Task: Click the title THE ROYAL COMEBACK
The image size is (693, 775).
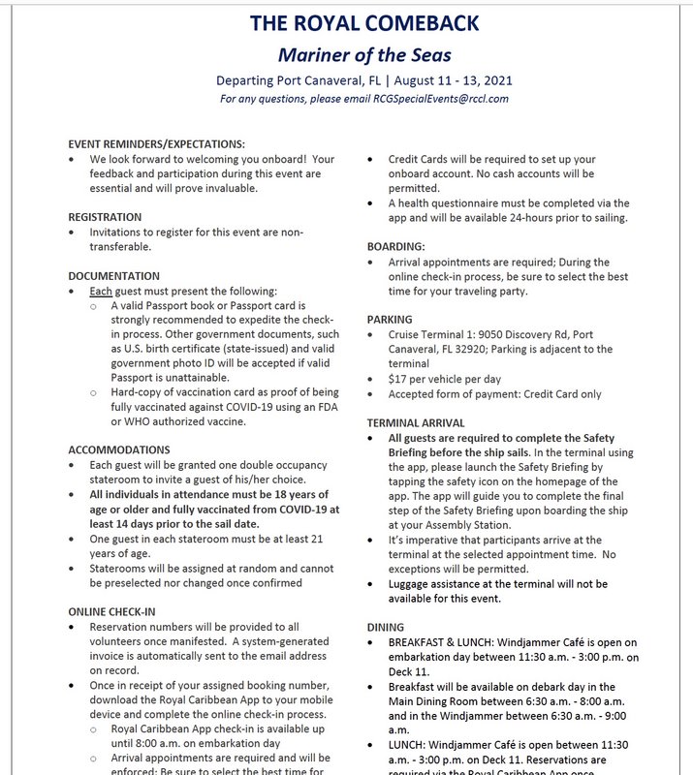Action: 363,22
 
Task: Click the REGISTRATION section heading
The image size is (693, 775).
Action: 105,217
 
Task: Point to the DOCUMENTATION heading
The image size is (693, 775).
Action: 114,276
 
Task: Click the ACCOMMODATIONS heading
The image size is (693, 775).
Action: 119,450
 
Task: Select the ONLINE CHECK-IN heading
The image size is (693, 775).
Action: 111,611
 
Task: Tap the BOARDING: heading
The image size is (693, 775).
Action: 395,247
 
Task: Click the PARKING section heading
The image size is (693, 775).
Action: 390,320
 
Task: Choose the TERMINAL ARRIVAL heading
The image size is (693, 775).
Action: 416,423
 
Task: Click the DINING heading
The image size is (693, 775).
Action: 386,627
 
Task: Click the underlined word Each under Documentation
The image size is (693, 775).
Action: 102,292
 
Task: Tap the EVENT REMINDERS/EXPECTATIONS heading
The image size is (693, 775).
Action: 156,143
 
